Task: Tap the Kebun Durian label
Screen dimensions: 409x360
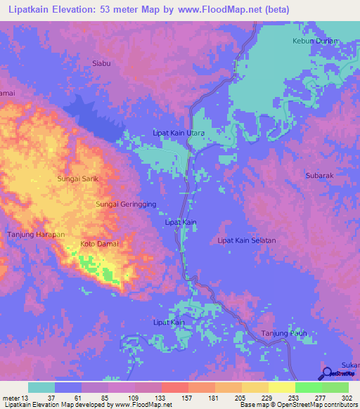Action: (x=315, y=41)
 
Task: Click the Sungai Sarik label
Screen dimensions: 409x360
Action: (x=77, y=179)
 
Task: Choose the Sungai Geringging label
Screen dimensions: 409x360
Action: (x=126, y=204)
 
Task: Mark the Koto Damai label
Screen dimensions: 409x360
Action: (x=100, y=244)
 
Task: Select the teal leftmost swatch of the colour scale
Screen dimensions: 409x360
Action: (x=41, y=387)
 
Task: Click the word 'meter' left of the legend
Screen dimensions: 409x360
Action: (x=11, y=398)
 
